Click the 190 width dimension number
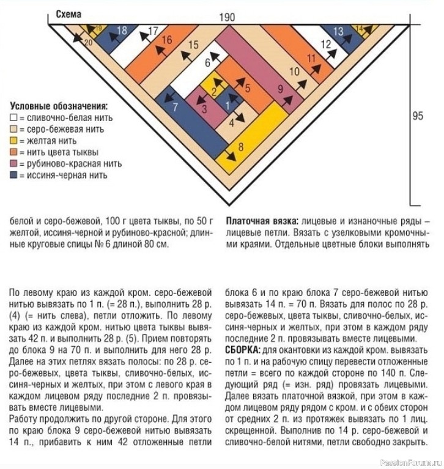tap(226, 18)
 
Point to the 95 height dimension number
tap(418, 116)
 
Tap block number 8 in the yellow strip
tap(241, 146)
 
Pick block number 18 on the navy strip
tap(121, 31)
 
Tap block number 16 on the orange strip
tap(167, 40)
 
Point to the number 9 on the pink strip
tap(281, 89)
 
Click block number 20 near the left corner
tap(87, 42)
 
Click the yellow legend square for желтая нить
tap(14, 141)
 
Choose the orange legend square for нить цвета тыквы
tap(14, 152)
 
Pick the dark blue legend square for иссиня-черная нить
tap(14, 175)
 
